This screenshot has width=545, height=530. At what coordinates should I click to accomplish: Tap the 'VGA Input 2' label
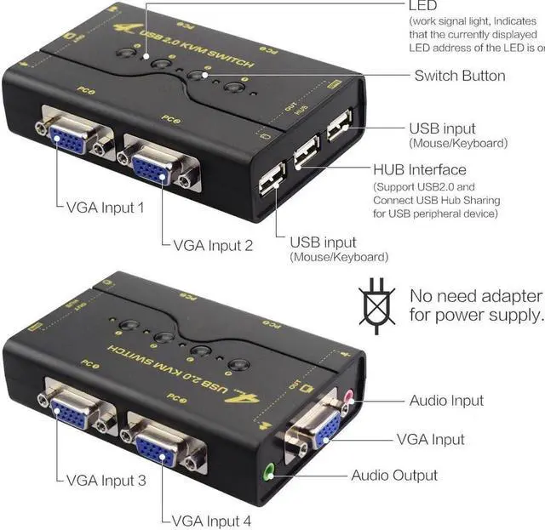[x=213, y=246]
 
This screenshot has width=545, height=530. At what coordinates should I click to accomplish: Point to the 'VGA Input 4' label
[x=212, y=520]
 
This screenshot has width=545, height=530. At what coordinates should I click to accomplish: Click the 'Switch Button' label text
[x=460, y=76]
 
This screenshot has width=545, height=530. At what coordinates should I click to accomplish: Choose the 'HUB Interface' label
[x=420, y=169]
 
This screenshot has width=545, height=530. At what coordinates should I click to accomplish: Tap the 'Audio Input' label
[x=446, y=400]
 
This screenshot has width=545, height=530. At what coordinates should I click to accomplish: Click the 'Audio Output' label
[x=405, y=475]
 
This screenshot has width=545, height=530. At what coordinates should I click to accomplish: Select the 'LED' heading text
[x=423, y=6]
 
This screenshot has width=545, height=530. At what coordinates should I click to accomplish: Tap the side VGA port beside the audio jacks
[x=321, y=427]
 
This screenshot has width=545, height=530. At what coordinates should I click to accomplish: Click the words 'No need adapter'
[x=475, y=296]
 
